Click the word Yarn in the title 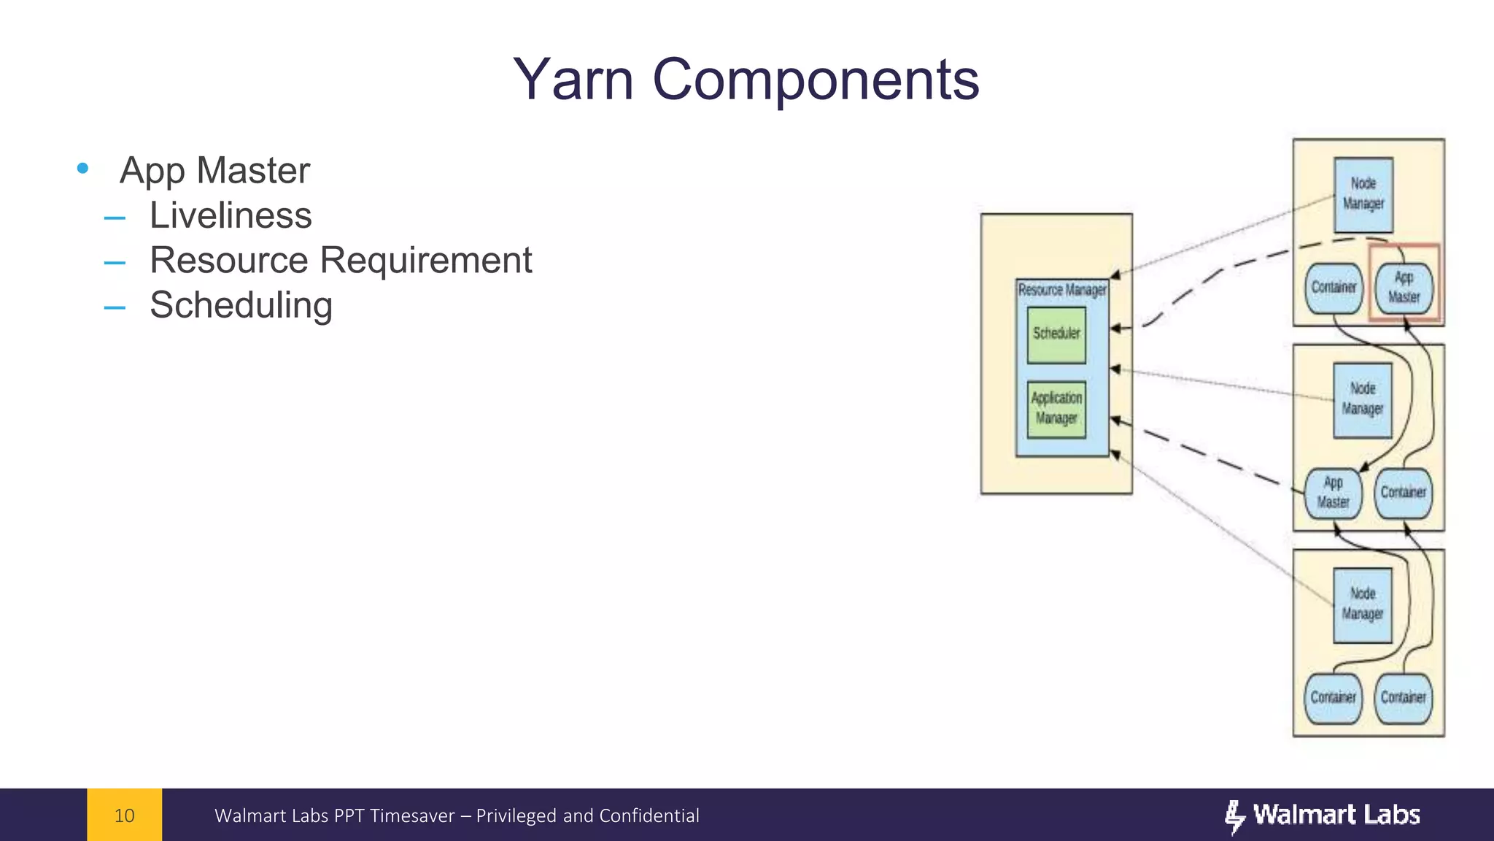click(573, 80)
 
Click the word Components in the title click(815, 80)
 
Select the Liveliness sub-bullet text click(231, 215)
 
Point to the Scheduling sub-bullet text click(241, 305)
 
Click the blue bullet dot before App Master click(82, 169)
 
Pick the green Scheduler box click(1056, 335)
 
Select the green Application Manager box click(1056, 409)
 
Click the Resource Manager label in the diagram click(1062, 290)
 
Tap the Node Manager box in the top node click(1363, 194)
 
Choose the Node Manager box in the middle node click(1363, 400)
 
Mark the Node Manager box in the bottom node click(1363, 605)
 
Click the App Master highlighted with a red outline click(1404, 288)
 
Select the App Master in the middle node click(1333, 493)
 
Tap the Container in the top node click(1334, 288)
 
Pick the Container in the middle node click(1403, 493)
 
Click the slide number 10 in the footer click(125, 815)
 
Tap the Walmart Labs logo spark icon click(1234, 816)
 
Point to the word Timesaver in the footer click(412, 815)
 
